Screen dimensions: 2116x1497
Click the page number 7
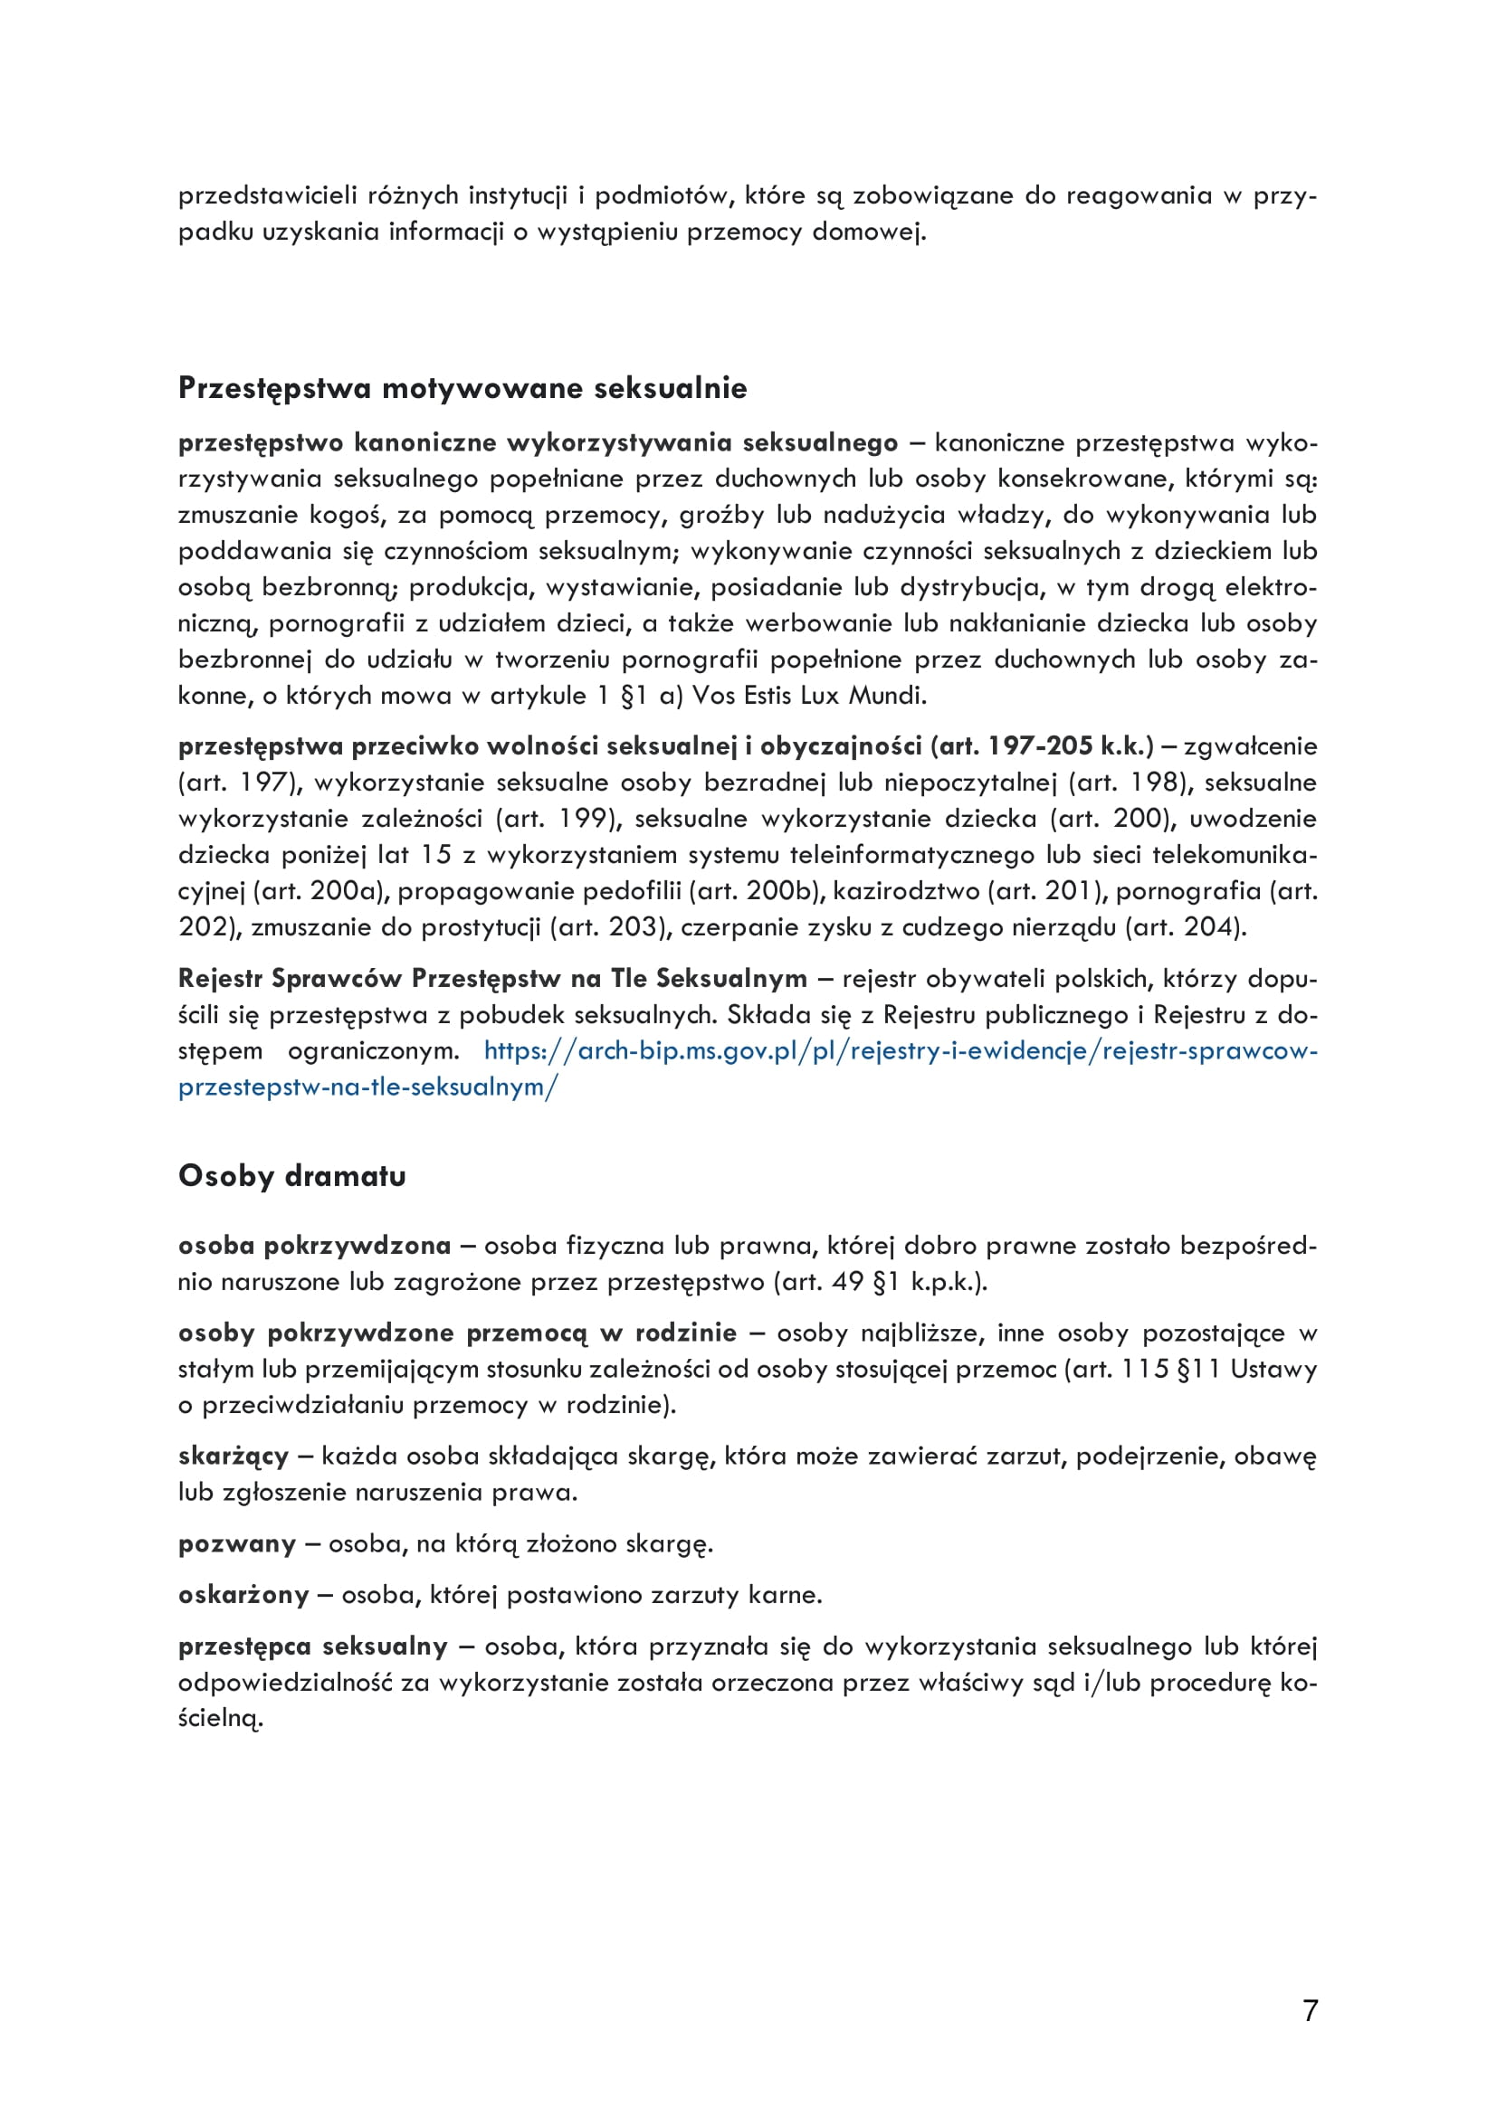pyautogui.click(x=1310, y=2010)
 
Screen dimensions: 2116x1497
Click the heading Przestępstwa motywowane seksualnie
pyautogui.click(x=462, y=388)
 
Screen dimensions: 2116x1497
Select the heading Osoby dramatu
pyautogui.click(x=291, y=1176)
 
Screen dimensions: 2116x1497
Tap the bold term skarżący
pyautogui.click(x=234, y=1457)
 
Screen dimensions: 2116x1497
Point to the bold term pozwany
pyautogui.click(x=237, y=1543)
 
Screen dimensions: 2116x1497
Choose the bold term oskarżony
pyautogui.click(x=243, y=1594)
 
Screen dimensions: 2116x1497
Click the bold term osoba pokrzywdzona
pyautogui.click(x=314, y=1246)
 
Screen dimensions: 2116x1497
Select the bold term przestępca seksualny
pyautogui.click(x=312, y=1646)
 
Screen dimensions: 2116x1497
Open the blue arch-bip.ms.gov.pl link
pyautogui.click(x=900, y=1050)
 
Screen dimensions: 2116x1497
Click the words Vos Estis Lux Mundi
pyautogui.click(x=808, y=695)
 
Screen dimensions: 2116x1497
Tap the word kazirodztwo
pyautogui.click(x=906, y=891)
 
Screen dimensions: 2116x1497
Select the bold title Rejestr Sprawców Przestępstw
pyautogui.click(x=368, y=979)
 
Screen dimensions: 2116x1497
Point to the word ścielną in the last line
pyautogui.click(x=220, y=1718)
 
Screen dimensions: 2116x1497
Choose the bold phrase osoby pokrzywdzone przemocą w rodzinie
pyautogui.click(x=457, y=1333)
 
